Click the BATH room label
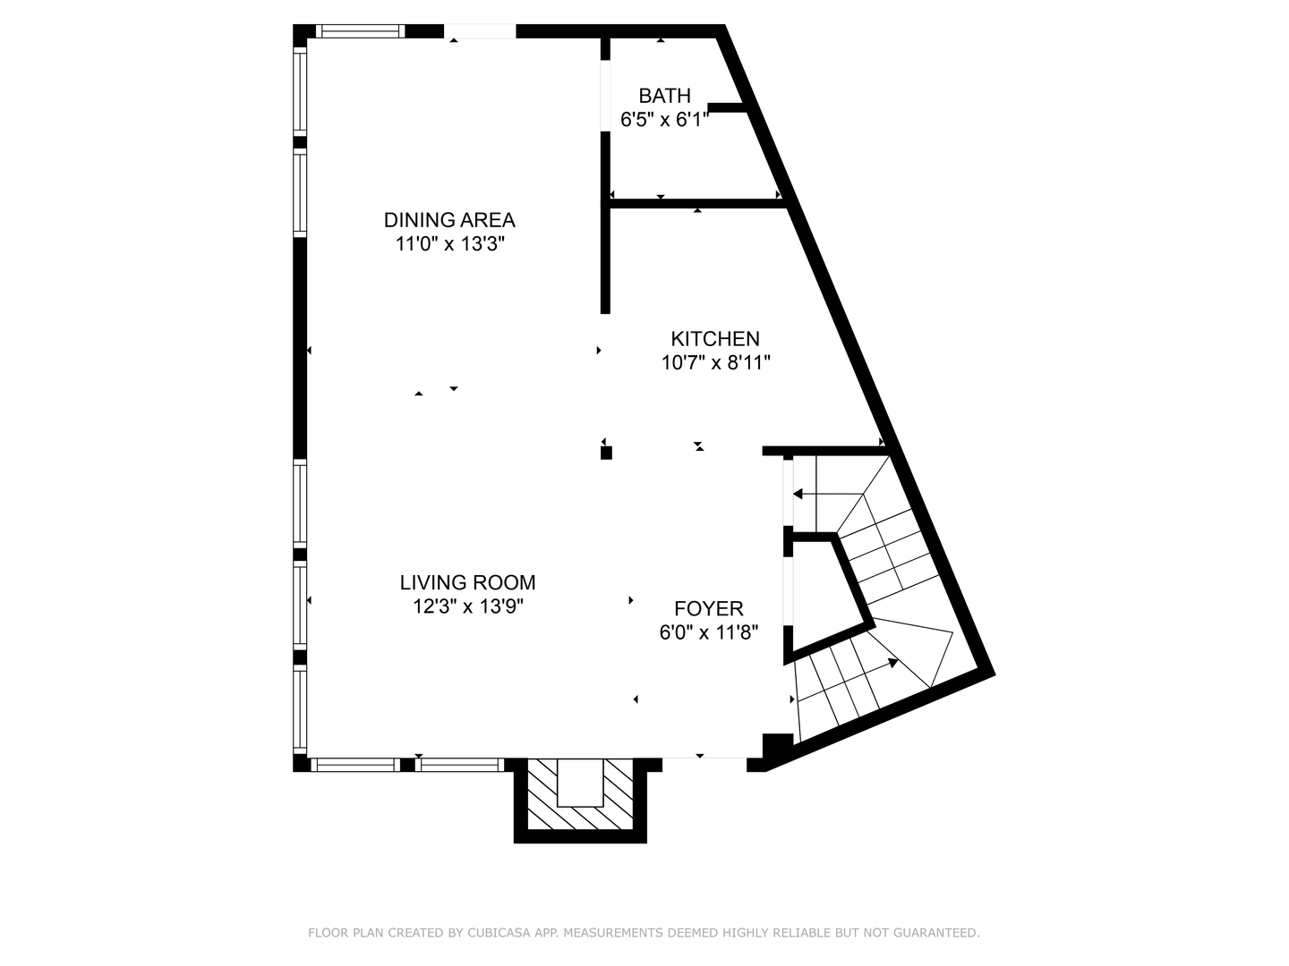coord(664,96)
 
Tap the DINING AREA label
coord(449,220)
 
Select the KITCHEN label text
coord(715,339)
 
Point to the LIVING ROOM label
coord(467,583)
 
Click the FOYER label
coord(709,609)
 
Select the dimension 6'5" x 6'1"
coord(664,120)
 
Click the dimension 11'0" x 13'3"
coord(450,244)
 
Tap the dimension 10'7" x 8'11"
coord(715,363)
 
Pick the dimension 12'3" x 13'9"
coord(467,606)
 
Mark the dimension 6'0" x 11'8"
coord(709,633)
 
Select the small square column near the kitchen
coord(606,453)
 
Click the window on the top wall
coord(359,31)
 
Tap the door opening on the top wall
coord(480,31)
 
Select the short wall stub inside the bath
coord(727,108)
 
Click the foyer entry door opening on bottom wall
coord(704,765)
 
